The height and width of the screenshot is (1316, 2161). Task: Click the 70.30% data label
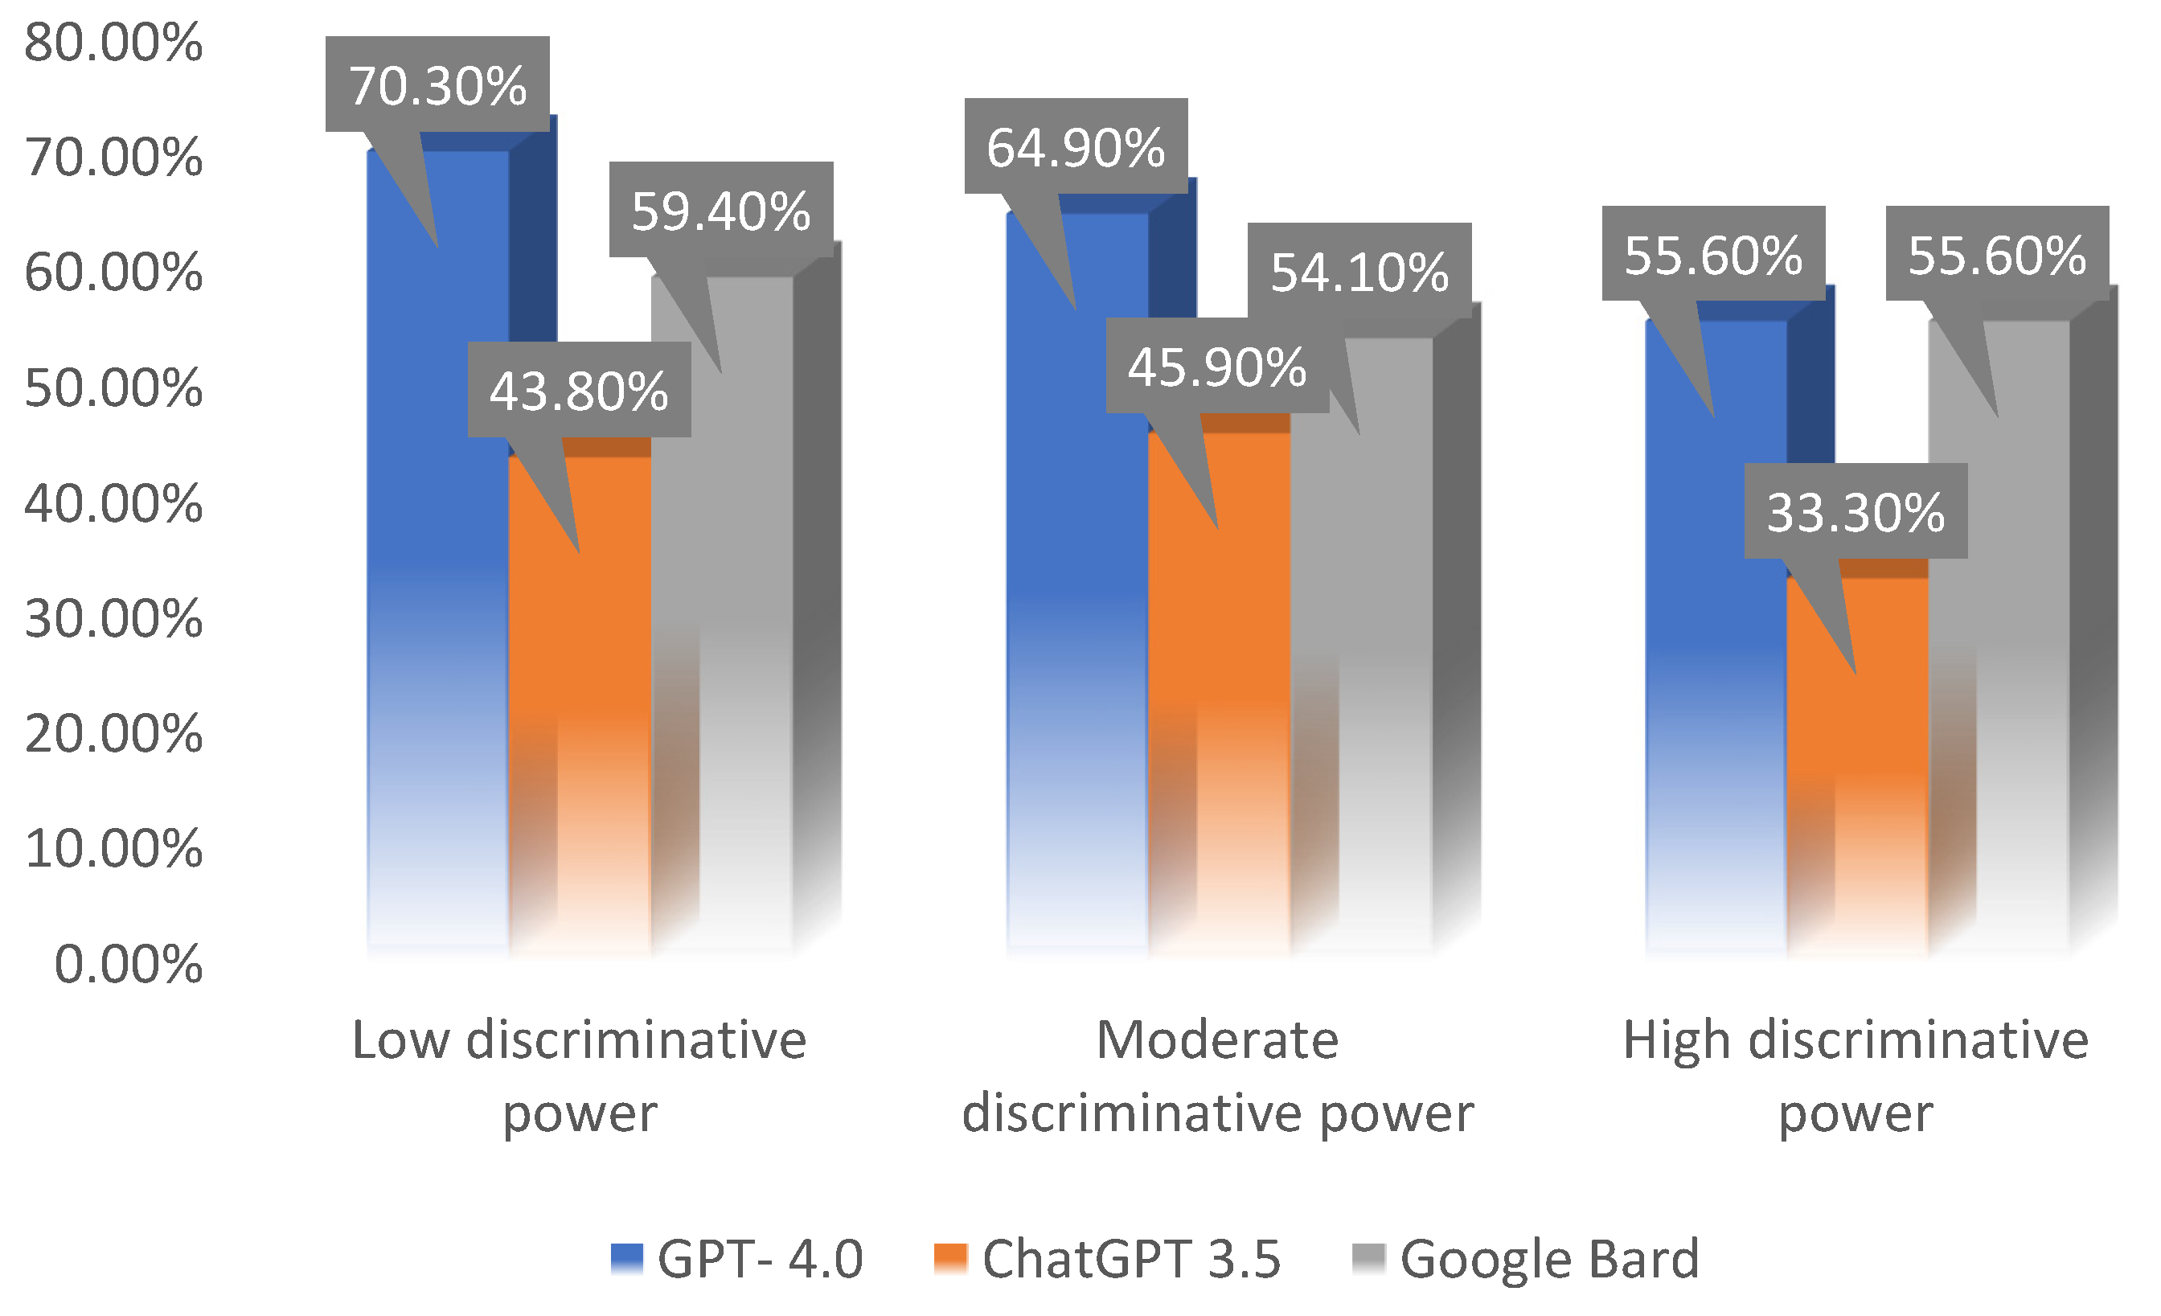(x=437, y=85)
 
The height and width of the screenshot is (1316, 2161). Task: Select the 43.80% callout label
(x=579, y=390)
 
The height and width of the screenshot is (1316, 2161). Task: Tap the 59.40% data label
(x=721, y=211)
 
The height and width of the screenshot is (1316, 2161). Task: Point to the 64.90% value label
(x=1076, y=146)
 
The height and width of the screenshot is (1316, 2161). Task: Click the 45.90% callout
(x=1217, y=366)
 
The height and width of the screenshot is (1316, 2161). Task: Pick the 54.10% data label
(x=1359, y=271)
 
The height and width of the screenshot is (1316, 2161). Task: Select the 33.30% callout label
(x=1856, y=511)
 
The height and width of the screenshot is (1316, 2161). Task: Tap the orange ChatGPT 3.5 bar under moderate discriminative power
(x=1219, y=701)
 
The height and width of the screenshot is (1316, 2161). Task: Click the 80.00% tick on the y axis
(x=114, y=42)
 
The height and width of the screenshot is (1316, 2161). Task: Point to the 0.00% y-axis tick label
(x=128, y=965)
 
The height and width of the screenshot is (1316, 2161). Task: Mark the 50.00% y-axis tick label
(x=114, y=387)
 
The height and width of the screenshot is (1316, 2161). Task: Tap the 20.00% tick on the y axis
(x=114, y=733)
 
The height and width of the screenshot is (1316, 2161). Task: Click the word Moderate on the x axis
(x=1217, y=1041)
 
